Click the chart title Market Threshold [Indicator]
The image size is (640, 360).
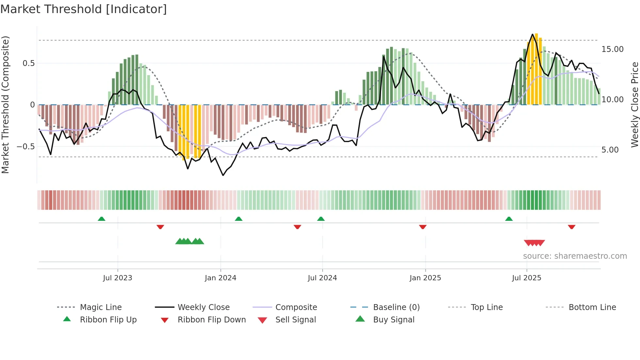84,9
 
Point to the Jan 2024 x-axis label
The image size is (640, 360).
220,278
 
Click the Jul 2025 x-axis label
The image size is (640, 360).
526,278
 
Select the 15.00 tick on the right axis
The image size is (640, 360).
612,49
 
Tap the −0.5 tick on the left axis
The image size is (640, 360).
26,147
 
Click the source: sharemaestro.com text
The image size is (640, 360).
575,256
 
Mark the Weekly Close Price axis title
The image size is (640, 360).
634,105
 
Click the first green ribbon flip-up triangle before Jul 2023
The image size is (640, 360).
102,219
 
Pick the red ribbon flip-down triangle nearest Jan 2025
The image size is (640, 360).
423,227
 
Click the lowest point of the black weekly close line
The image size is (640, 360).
223,175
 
